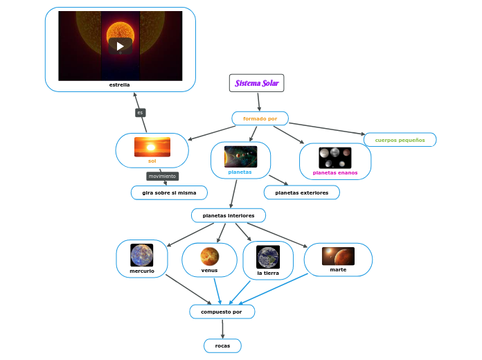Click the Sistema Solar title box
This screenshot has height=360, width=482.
point(256,83)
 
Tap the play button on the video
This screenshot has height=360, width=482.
point(120,46)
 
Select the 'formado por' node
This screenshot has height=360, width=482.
point(260,118)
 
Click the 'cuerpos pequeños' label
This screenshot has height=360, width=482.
point(400,140)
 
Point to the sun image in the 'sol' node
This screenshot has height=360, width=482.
point(152,147)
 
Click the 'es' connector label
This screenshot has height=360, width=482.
point(140,112)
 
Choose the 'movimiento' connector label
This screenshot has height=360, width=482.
point(162,176)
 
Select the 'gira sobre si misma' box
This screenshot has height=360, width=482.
point(169,192)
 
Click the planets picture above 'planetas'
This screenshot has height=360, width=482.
point(240,156)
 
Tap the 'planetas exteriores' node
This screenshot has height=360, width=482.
point(301,192)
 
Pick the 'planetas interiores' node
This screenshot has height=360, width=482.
point(228,215)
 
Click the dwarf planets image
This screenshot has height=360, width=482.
point(334,157)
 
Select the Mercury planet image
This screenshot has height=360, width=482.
point(142,255)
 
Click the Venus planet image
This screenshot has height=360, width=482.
point(209,256)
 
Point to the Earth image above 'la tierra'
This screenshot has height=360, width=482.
point(267,257)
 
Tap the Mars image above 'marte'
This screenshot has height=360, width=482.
point(338,256)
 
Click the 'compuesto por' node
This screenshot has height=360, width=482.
point(222,312)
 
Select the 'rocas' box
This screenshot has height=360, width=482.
point(222,345)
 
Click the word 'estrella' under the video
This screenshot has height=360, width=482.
point(120,84)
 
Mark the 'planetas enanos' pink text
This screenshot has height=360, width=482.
point(334,172)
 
